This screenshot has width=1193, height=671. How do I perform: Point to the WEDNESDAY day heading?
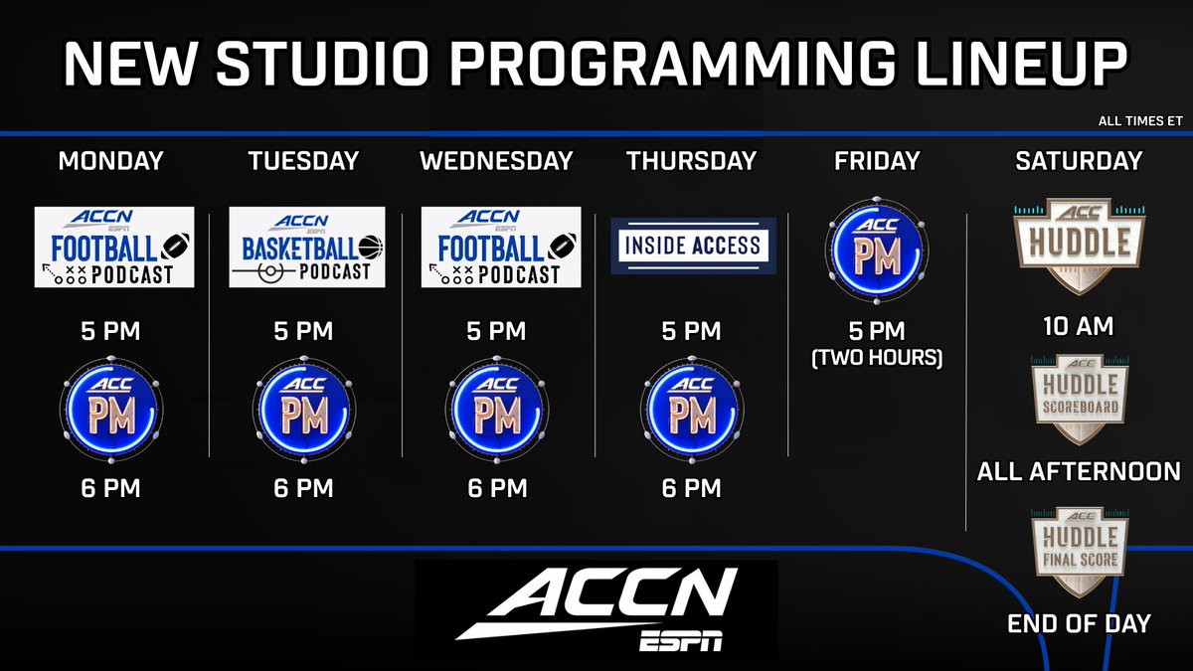pos(497,160)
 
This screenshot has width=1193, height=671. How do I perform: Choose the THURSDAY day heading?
pos(692,160)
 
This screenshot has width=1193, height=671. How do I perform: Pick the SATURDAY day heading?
pos(1079,160)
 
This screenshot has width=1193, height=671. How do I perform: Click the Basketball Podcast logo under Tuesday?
pos(306,247)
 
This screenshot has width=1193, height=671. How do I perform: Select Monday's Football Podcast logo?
pos(113,247)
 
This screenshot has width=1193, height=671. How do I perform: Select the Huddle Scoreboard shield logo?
pos(1079,398)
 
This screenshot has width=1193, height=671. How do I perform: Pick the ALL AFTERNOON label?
pos(1079,470)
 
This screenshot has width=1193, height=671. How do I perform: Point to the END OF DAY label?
pos(1079,623)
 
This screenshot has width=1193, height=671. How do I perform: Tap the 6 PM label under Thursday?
pos(692,488)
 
